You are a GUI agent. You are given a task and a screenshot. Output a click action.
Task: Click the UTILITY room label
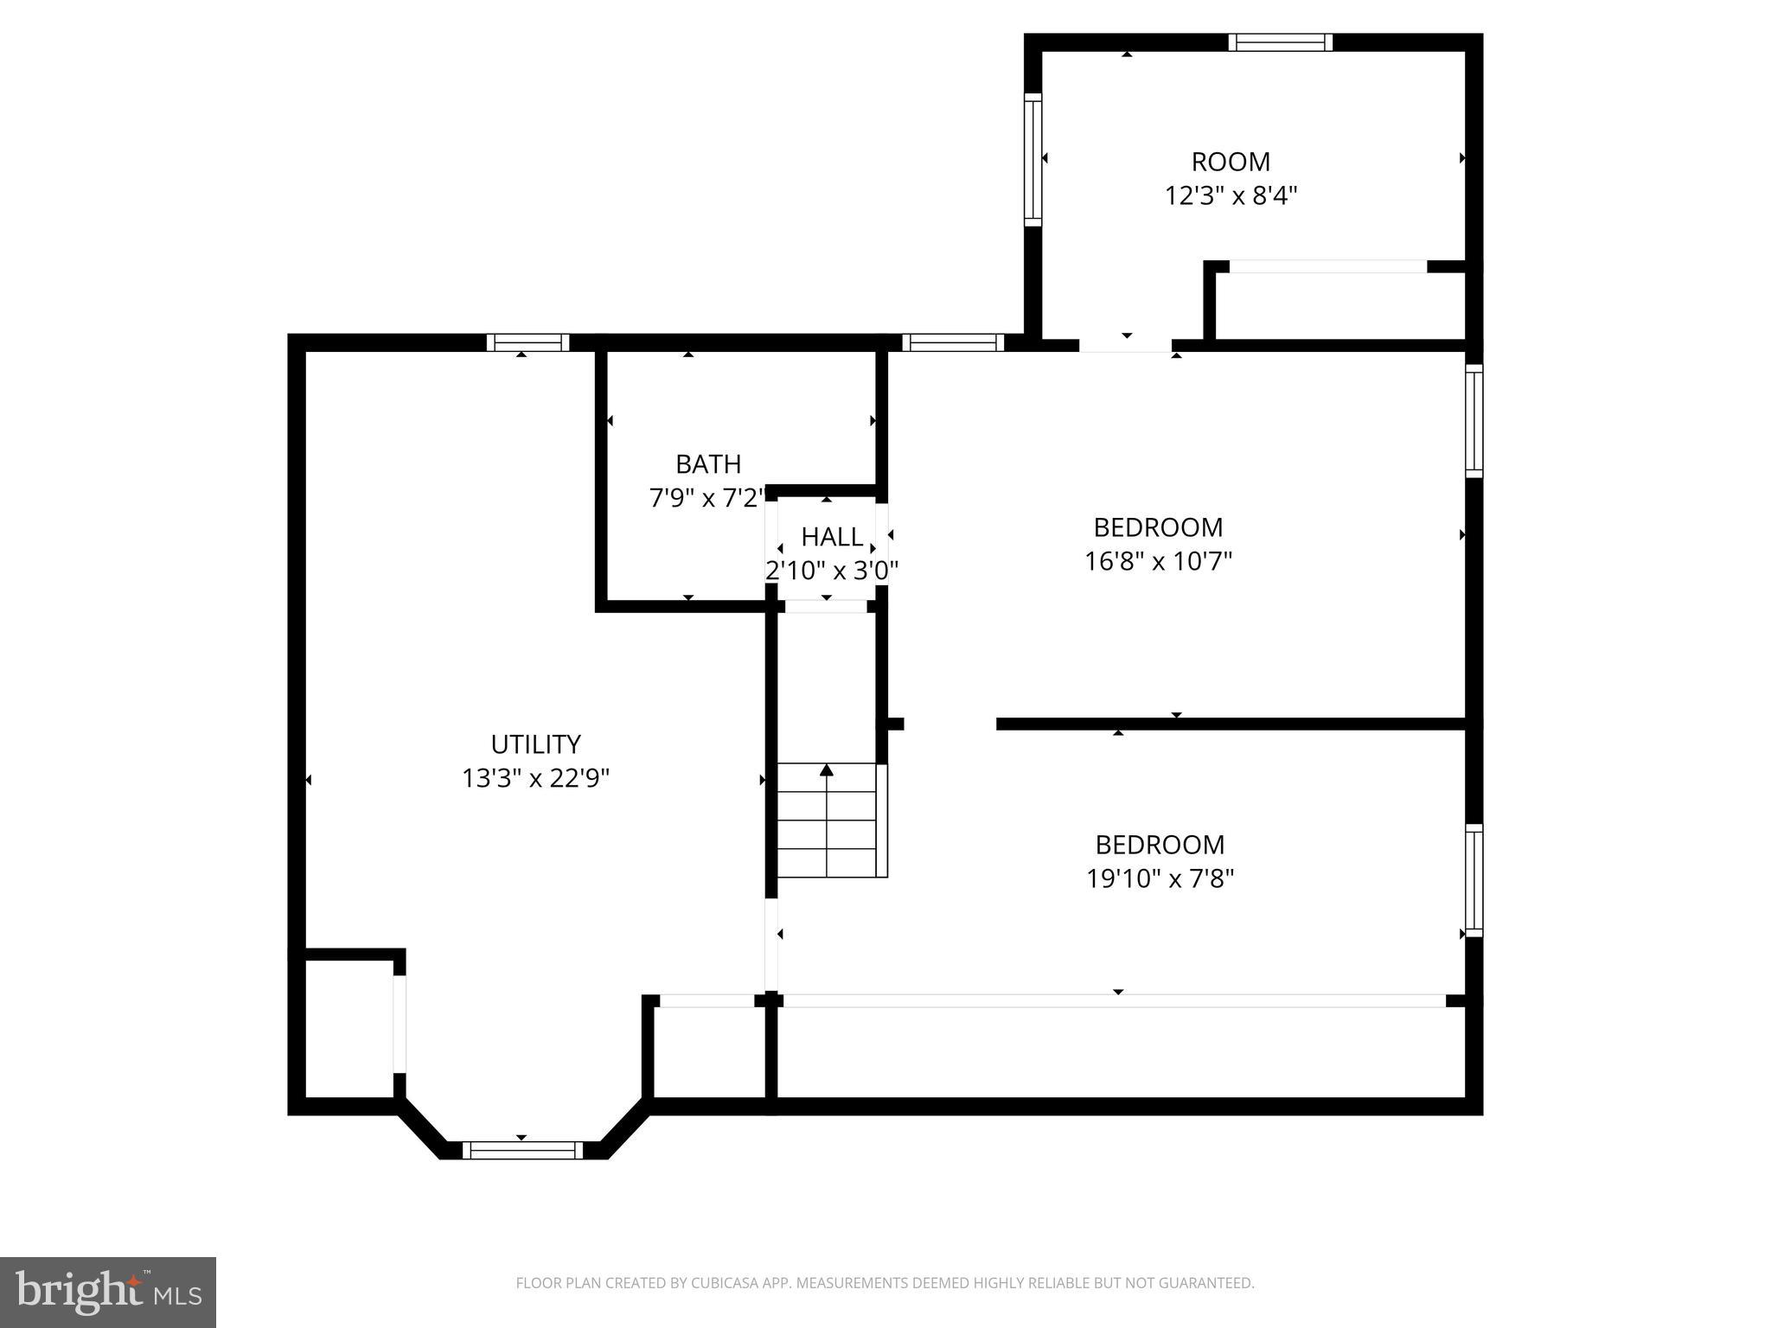click(535, 744)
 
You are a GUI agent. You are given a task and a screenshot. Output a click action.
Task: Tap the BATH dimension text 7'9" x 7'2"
click(707, 498)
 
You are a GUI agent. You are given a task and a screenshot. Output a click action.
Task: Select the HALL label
click(831, 537)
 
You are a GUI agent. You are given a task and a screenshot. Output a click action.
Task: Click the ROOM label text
click(1231, 162)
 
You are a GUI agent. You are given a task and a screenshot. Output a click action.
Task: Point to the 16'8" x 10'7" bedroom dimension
click(1158, 562)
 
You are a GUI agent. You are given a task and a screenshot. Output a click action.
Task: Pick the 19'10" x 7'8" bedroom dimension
click(1160, 879)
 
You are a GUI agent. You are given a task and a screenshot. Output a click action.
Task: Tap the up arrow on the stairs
click(827, 769)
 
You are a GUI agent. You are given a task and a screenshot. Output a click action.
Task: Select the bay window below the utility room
click(522, 1150)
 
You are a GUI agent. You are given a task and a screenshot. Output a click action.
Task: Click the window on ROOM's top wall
click(1280, 42)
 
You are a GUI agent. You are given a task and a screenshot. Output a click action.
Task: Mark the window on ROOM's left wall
click(1033, 160)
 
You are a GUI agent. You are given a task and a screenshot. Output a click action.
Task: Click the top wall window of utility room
click(527, 342)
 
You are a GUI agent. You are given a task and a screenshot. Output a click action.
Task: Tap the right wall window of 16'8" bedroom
click(1474, 420)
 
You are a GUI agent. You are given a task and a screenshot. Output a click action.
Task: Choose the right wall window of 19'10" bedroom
click(1474, 880)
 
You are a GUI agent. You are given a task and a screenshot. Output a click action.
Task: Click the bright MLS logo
click(108, 1292)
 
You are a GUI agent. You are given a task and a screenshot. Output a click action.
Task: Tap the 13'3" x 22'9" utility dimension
click(535, 779)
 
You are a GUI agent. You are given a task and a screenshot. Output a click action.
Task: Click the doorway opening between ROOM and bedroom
click(1125, 344)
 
